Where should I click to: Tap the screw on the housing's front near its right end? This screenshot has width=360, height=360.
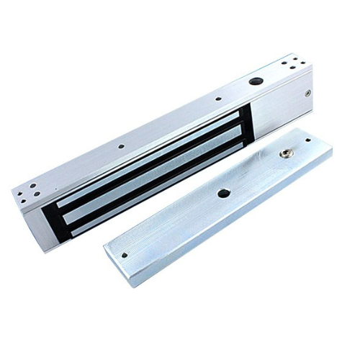(308, 92)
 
